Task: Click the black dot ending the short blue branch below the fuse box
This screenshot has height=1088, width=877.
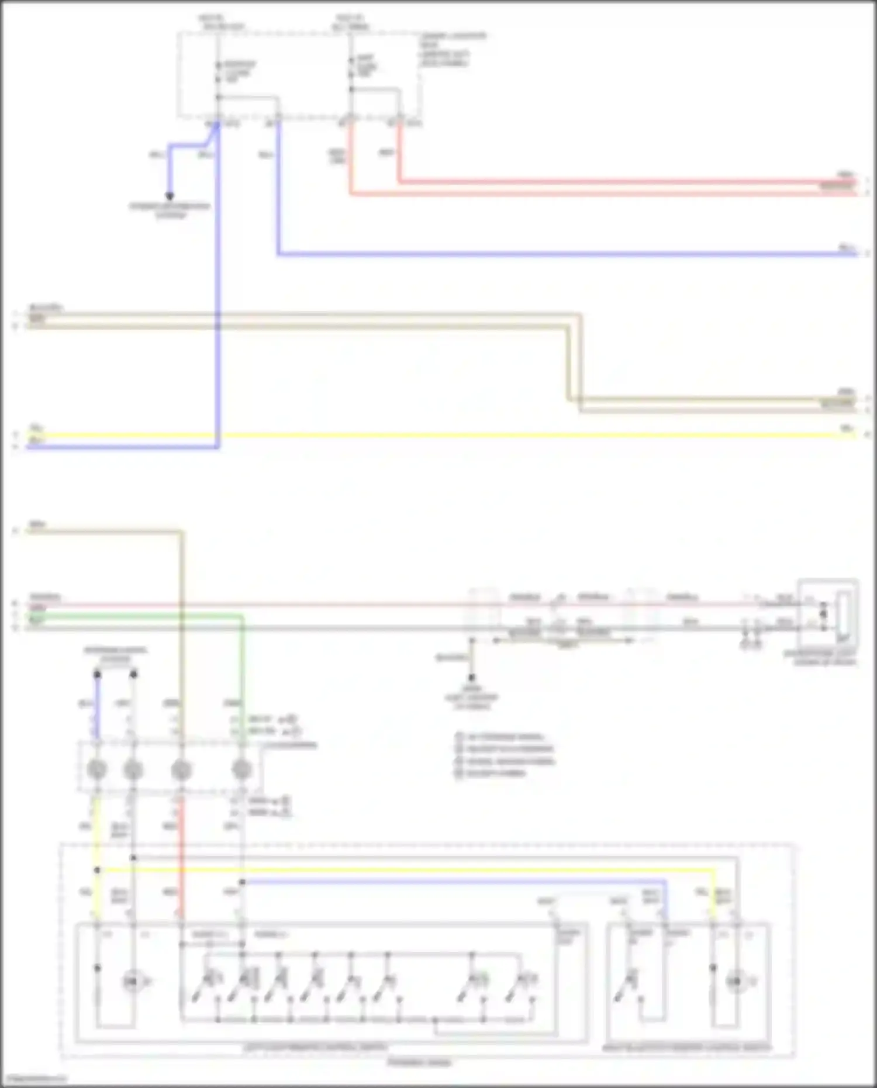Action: (170, 196)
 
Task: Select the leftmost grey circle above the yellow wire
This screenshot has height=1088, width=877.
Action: (97, 769)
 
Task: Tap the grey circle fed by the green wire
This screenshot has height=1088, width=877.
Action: (241, 769)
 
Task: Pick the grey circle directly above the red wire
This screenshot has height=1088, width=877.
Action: (181, 769)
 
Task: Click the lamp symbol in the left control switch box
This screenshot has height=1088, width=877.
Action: (132, 982)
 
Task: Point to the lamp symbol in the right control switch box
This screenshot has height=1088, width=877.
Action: (736, 982)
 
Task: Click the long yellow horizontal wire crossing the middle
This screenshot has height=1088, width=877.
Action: (468, 436)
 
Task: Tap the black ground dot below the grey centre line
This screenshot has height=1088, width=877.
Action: (472, 678)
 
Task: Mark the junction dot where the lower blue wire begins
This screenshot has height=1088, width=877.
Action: (242, 882)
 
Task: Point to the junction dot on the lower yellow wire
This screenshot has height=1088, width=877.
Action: (97, 870)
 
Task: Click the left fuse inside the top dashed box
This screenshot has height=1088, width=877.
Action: (218, 72)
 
